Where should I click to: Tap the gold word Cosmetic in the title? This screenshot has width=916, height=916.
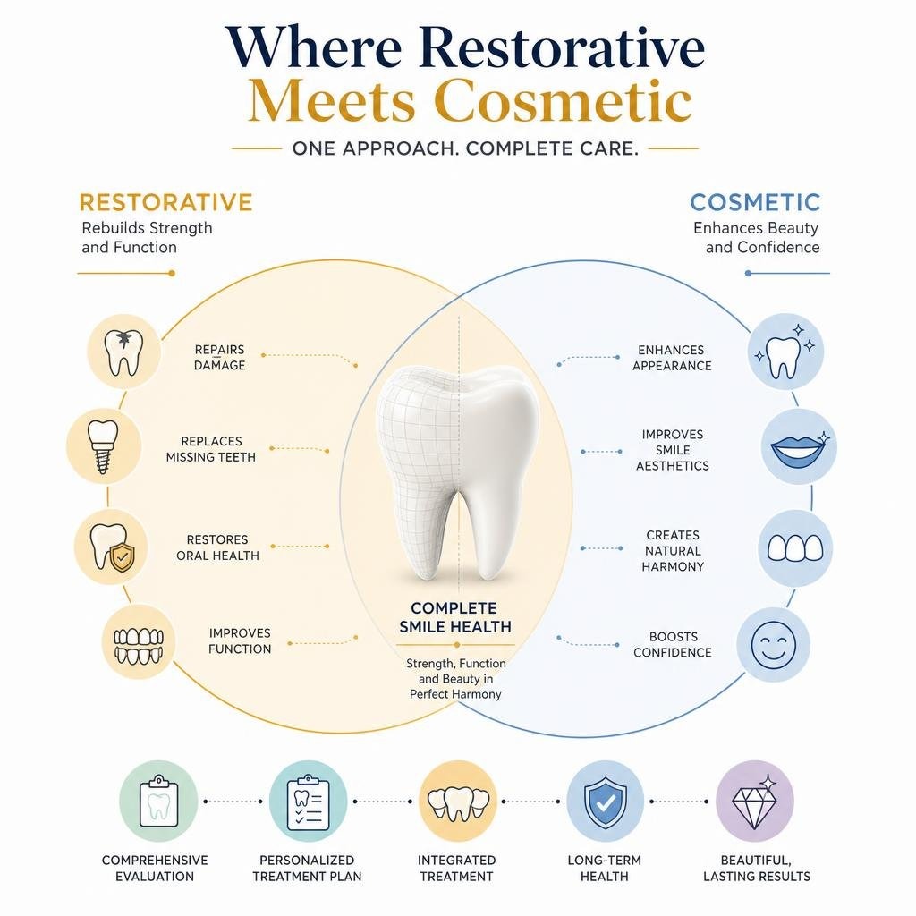click(x=564, y=102)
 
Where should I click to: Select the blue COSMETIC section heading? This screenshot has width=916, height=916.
click(x=755, y=202)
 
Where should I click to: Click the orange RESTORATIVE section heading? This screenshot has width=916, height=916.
click(x=165, y=202)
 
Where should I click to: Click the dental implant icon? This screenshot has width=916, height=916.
click(x=104, y=446)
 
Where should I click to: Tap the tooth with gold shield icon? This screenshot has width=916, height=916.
click(x=111, y=547)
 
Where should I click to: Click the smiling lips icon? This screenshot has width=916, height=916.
click(x=799, y=446)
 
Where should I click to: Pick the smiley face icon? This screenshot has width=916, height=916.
click(x=773, y=645)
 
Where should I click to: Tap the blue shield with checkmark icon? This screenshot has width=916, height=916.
click(x=606, y=801)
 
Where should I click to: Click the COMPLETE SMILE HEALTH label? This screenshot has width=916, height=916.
click(x=455, y=617)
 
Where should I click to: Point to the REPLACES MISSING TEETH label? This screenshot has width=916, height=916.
click(x=211, y=449)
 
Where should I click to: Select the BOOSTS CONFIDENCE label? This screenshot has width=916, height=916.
click(x=673, y=644)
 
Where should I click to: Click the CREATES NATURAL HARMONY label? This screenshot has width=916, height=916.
click(x=673, y=550)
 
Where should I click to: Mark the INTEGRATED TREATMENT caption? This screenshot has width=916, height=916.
click(x=457, y=868)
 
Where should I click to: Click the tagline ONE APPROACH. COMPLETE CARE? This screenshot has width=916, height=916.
click(x=465, y=148)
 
